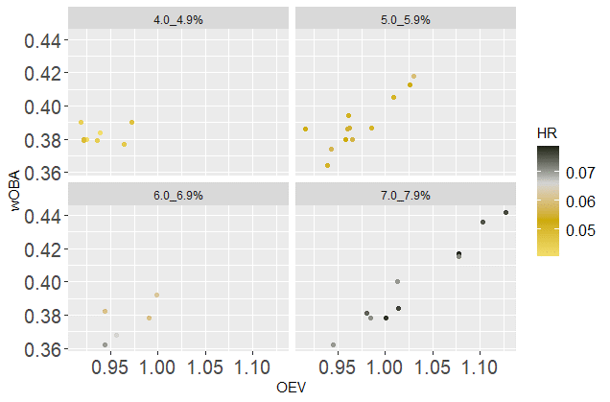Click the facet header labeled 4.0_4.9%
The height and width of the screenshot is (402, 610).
(178, 18)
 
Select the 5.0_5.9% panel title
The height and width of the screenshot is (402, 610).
(406, 18)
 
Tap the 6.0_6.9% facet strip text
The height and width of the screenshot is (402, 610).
(178, 195)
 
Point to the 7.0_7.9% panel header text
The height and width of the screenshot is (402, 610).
(406, 195)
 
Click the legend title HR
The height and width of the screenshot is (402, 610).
(548, 134)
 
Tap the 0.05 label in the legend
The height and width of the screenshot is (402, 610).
(583, 232)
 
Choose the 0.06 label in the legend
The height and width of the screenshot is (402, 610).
(583, 203)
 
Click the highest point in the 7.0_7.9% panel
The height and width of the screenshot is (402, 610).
(505, 213)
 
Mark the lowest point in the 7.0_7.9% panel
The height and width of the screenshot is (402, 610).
(333, 344)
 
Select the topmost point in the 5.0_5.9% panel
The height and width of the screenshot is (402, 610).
(413, 77)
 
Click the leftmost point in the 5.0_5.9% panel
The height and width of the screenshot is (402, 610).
(305, 129)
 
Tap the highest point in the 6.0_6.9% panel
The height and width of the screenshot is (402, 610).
(156, 295)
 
